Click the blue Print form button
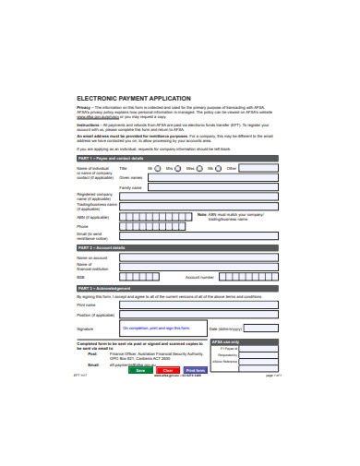coord(196,369)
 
